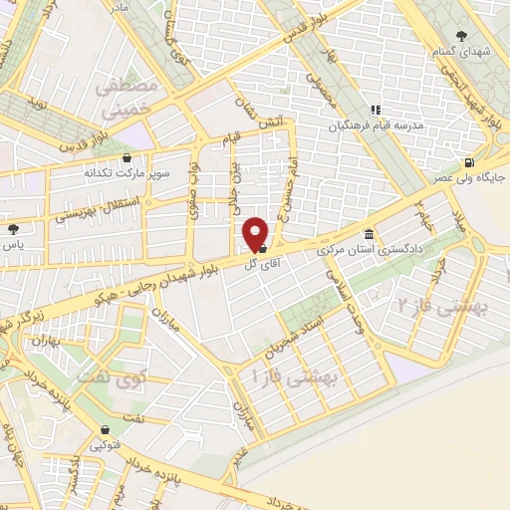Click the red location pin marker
point(256,233)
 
